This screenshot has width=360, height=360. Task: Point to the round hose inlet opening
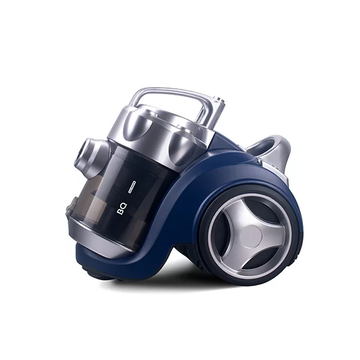[x=86, y=154]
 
